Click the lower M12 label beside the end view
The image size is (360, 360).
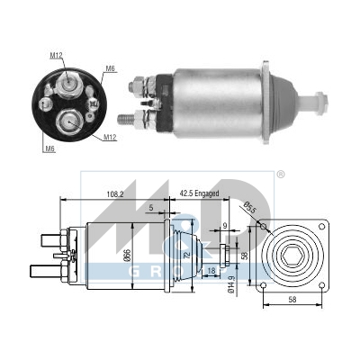[x=110, y=137]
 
